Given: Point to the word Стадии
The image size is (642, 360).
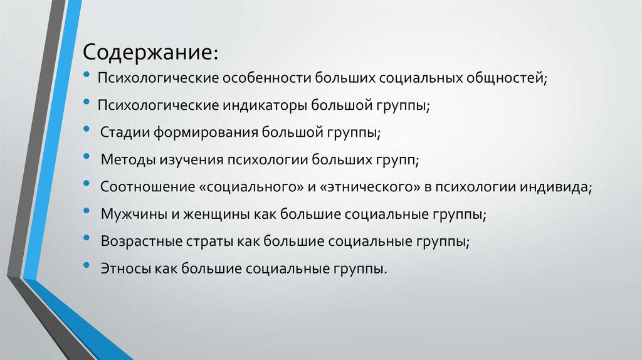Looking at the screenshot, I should pyautogui.click(x=123, y=133).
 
